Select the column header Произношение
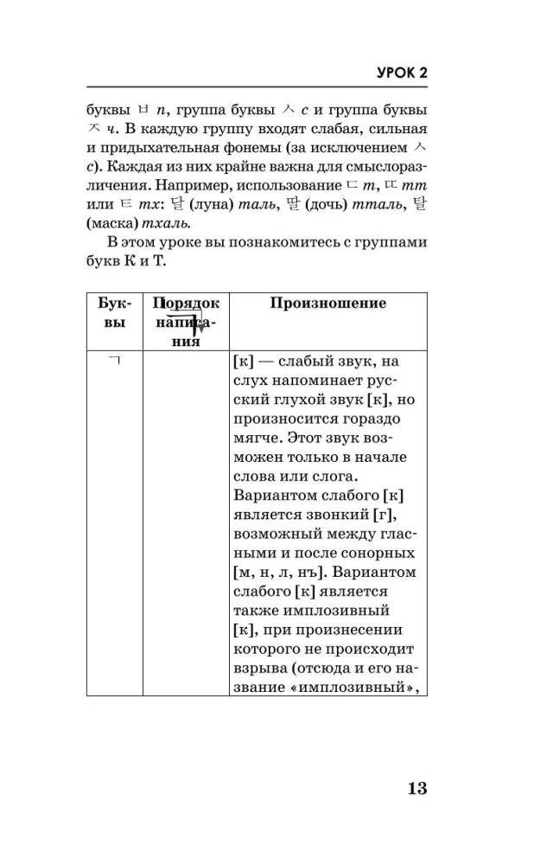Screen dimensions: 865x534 coord(328,304)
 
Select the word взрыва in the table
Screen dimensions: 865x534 coord(257,666)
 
